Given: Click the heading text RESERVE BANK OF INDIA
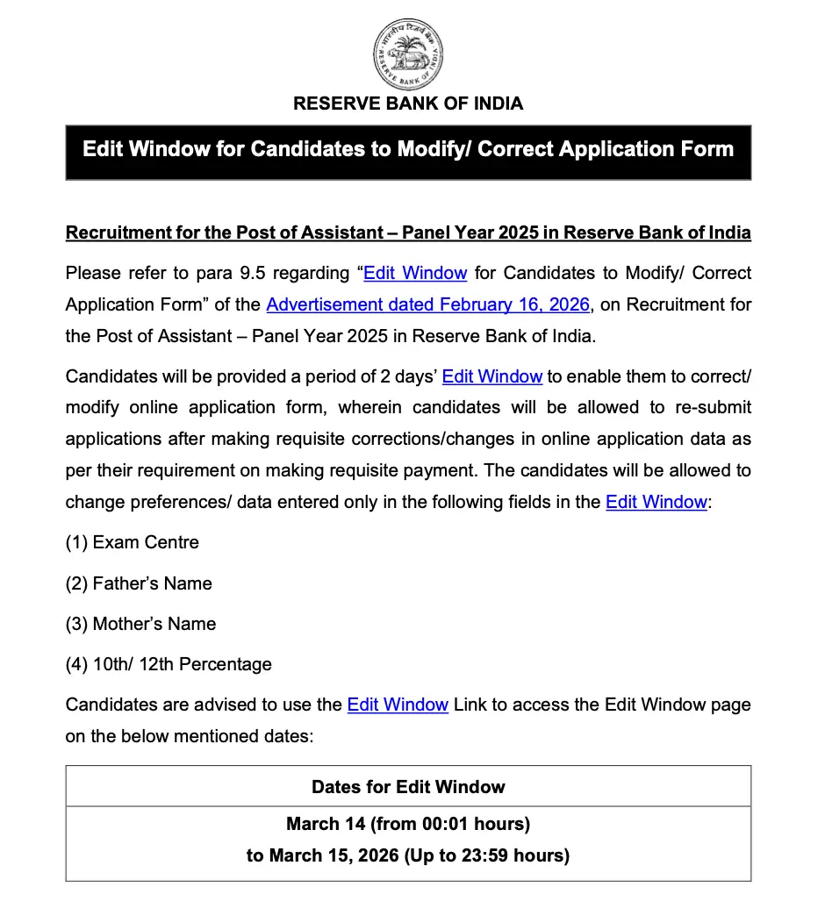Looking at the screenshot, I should (x=408, y=104).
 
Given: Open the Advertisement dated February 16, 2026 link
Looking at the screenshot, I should (x=427, y=304).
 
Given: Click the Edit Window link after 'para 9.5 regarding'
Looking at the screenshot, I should (x=415, y=273).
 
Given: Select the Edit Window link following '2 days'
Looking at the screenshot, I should (x=491, y=376).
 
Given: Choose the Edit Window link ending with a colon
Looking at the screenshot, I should (x=656, y=503).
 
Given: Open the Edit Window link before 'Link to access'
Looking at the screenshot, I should (x=398, y=705).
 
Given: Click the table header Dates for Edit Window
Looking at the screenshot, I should (x=408, y=786).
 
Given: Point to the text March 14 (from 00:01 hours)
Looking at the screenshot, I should (x=408, y=824).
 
